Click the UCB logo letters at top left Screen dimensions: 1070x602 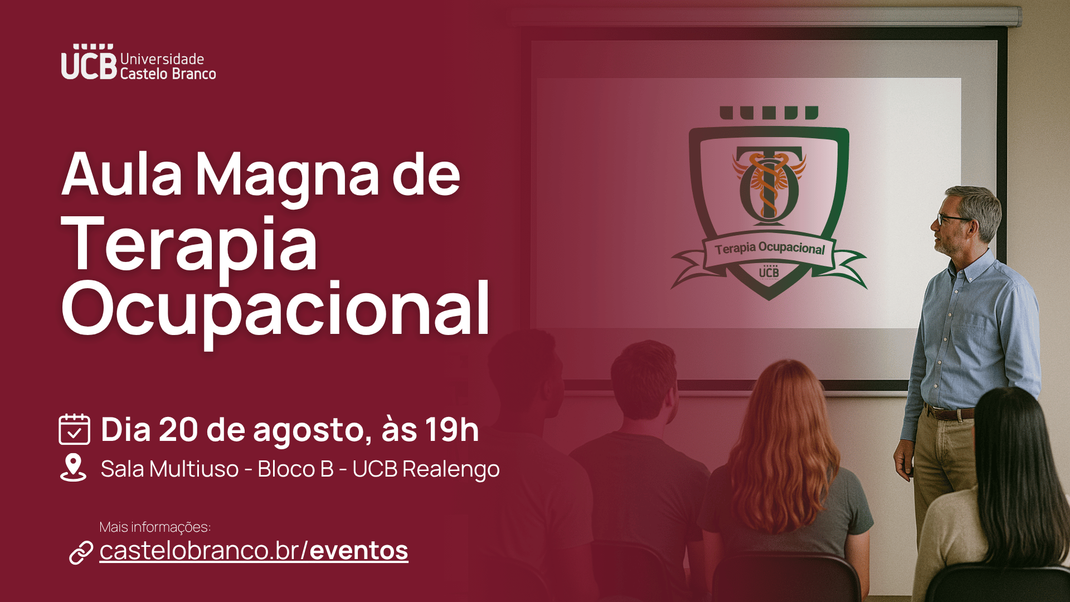(x=89, y=62)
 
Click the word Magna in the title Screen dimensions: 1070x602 (x=288, y=176)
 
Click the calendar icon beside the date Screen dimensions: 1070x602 (x=74, y=429)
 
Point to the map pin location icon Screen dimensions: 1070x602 (x=73, y=468)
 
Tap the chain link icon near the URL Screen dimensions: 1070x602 (x=81, y=552)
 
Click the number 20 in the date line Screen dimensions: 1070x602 (x=178, y=430)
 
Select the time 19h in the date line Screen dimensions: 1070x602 (x=452, y=430)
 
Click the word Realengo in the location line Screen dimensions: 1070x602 (x=451, y=470)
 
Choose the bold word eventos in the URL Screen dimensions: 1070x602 (x=359, y=551)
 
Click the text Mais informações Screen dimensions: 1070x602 (x=155, y=527)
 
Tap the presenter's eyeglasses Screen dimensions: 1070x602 (x=952, y=219)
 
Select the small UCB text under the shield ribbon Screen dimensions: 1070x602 (x=769, y=271)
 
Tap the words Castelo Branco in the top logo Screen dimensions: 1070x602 (x=168, y=74)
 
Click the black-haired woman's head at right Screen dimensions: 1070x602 (x=1019, y=440)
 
